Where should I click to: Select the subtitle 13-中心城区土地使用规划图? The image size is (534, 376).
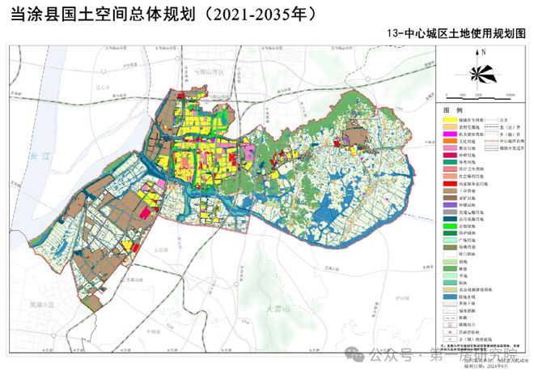[461, 35]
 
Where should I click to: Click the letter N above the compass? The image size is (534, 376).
[482, 53]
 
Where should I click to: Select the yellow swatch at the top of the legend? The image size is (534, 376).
[451, 119]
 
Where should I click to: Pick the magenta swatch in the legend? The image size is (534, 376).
[451, 134]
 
